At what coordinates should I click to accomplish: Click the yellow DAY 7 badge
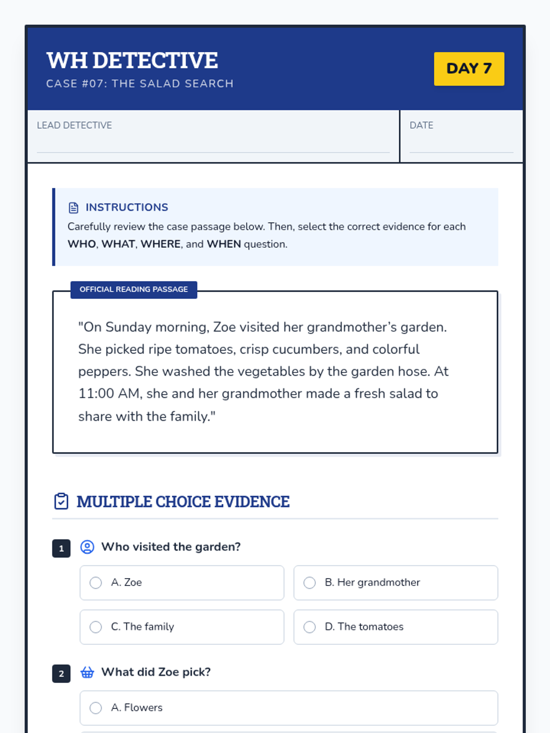(x=469, y=69)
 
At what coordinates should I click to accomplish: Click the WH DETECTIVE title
(x=132, y=60)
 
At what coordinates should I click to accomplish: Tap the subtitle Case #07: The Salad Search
(x=140, y=83)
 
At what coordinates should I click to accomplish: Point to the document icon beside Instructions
(x=73, y=208)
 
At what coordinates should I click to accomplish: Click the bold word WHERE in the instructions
(x=160, y=244)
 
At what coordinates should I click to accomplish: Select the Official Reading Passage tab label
(x=134, y=290)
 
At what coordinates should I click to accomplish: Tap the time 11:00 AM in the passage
(x=109, y=394)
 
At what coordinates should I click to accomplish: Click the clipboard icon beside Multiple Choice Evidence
(x=61, y=501)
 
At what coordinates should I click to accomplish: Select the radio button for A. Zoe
(x=96, y=583)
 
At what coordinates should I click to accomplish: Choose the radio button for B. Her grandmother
(x=310, y=583)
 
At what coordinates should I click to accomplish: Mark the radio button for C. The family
(x=96, y=627)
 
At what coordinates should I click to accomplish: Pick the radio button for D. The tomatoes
(x=310, y=627)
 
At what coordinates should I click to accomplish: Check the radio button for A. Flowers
(x=96, y=708)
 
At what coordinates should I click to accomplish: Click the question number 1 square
(x=61, y=548)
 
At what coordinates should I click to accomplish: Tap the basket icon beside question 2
(x=87, y=672)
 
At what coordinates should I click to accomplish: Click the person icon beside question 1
(x=87, y=547)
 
